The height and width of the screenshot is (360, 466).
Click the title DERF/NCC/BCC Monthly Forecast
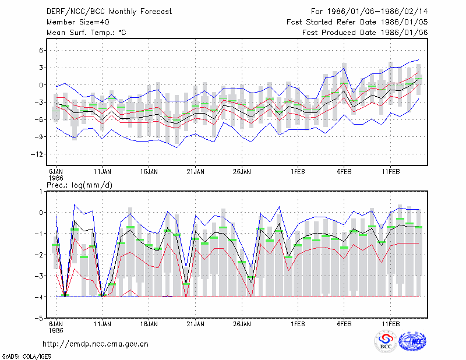coord(109,12)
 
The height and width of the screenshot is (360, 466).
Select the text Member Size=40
coord(78,22)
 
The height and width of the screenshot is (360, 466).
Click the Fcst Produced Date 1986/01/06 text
coord(365,33)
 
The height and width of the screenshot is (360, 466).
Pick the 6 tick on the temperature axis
coord(41,51)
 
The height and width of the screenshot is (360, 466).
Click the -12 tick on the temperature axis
coord(37,154)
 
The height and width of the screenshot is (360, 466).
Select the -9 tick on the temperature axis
coord(39,137)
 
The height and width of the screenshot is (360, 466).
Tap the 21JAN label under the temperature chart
coord(195,172)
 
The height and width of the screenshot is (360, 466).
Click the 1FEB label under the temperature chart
coord(298,172)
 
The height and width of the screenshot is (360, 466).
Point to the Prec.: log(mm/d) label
coord(79,185)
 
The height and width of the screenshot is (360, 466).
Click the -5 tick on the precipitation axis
coord(39,318)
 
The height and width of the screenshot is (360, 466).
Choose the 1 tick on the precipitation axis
coord(41,192)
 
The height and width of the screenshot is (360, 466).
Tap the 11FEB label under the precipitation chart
coord(391,324)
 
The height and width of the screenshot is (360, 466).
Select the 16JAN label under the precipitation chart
coord(149,324)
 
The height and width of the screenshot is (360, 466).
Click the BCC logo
coord(386,341)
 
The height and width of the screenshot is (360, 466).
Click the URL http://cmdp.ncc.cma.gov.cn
coord(96,344)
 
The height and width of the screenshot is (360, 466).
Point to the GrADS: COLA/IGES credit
coord(26,357)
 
